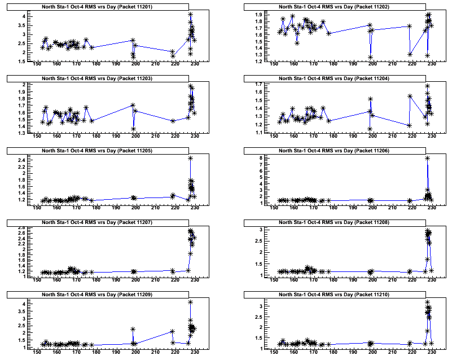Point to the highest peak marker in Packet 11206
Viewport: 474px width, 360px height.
(x=427, y=158)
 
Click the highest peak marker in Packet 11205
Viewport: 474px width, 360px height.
(x=191, y=158)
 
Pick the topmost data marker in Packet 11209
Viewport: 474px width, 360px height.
(x=191, y=302)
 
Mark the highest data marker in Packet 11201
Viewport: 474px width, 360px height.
(x=191, y=14)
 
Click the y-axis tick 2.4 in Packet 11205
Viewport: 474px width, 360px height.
(x=21, y=160)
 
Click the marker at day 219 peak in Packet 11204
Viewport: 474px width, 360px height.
(x=410, y=96)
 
